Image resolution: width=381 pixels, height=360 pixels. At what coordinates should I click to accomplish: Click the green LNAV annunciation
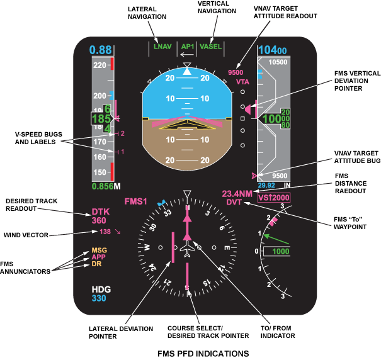(x=162, y=47)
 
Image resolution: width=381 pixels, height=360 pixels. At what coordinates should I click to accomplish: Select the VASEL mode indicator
(x=210, y=47)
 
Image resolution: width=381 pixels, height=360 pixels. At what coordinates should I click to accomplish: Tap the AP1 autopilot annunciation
(x=187, y=47)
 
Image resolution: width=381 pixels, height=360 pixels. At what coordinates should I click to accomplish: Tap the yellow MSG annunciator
(x=99, y=250)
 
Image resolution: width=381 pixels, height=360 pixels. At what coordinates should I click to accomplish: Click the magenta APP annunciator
(x=99, y=257)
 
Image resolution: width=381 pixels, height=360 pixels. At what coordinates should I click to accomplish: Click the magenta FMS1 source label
(x=135, y=201)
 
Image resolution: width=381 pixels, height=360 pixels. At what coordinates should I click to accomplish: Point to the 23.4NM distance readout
(x=237, y=194)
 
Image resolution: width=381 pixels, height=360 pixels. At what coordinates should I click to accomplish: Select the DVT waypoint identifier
(x=234, y=203)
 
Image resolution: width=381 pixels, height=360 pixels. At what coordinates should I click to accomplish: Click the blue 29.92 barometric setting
(x=267, y=186)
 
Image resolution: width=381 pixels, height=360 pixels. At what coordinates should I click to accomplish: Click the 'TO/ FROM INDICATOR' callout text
(x=280, y=332)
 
